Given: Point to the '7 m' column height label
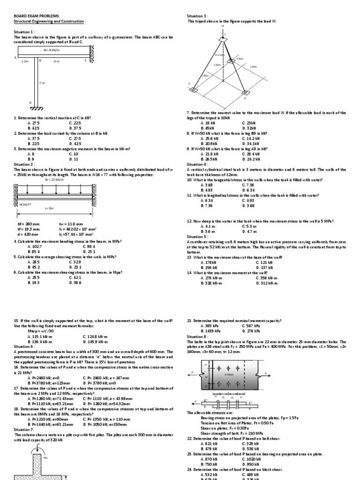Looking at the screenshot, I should pos(42,83).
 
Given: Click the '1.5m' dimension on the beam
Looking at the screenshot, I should pos(25,61).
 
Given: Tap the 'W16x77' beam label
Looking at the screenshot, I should pos(26,205).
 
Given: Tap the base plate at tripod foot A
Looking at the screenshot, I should pos(194,89).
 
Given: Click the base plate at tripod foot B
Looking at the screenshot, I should pos(243,92).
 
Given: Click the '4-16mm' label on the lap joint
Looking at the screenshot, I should pos(229,375).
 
